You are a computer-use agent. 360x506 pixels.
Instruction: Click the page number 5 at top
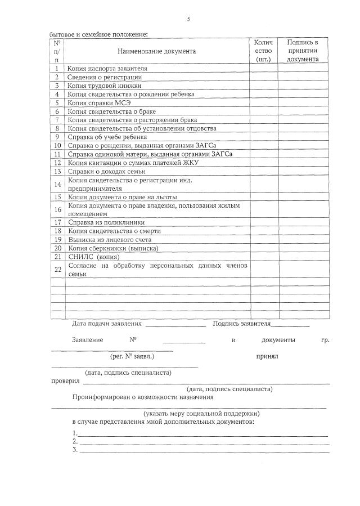point(188,19)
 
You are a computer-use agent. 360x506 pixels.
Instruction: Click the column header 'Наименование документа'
point(157,51)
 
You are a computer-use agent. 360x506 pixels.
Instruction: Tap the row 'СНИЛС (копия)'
point(93,257)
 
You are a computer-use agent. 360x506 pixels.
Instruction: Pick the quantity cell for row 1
point(264,69)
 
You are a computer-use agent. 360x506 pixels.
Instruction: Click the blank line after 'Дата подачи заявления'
point(175,325)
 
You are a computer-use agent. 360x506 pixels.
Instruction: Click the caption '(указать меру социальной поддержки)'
point(201,413)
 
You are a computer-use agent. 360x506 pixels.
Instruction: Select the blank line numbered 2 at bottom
point(203,442)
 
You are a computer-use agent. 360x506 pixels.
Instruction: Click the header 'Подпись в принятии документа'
point(303,51)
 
